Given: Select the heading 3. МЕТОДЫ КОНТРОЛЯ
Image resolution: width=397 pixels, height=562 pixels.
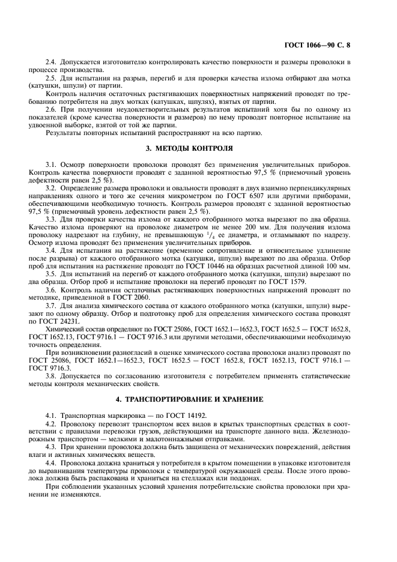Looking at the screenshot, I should pyautogui.click(x=198, y=148).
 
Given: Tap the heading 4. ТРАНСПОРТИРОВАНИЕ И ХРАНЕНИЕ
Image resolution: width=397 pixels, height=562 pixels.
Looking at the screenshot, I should pyautogui.click(x=198, y=399).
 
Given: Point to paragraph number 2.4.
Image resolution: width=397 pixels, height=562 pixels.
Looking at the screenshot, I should pyautogui.click(x=52, y=62).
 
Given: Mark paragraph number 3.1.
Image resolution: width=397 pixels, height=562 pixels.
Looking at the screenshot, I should pyautogui.click(x=52, y=164).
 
